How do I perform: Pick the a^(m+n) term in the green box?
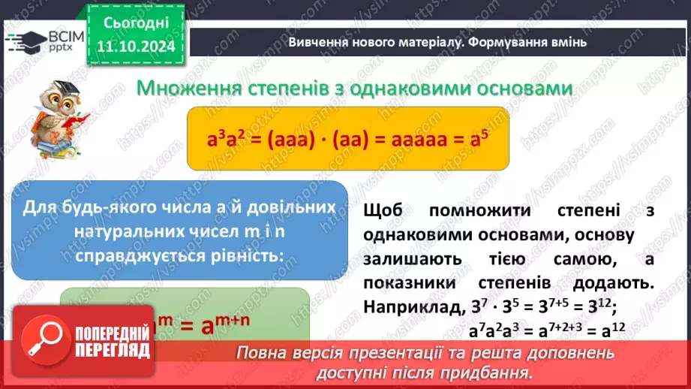[x=228, y=324]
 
